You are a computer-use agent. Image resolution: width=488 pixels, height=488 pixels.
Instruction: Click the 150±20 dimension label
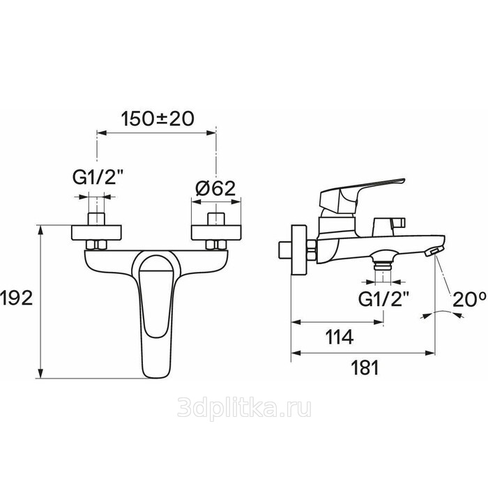pyautogui.click(x=157, y=119)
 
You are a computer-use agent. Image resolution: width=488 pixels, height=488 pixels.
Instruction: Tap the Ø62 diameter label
pyautogui.click(x=215, y=188)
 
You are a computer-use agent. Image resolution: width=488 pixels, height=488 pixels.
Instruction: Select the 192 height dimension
pyautogui.click(x=17, y=298)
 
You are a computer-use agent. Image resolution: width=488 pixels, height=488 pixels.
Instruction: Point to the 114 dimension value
pyautogui.click(x=340, y=337)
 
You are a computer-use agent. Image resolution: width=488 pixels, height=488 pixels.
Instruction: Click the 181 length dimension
pyautogui.click(x=365, y=368)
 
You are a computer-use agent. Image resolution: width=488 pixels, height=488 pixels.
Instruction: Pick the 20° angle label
pyautogui.click(x=469, y=299)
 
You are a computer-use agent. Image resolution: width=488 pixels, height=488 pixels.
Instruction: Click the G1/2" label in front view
pyautogui.click(x=97, y=178)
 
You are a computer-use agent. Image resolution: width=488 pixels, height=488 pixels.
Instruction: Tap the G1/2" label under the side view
pyautogui.click(x=383, y=299)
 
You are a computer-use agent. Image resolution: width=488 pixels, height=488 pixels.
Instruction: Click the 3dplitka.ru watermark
pyautogui.click(x=244, y=409)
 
